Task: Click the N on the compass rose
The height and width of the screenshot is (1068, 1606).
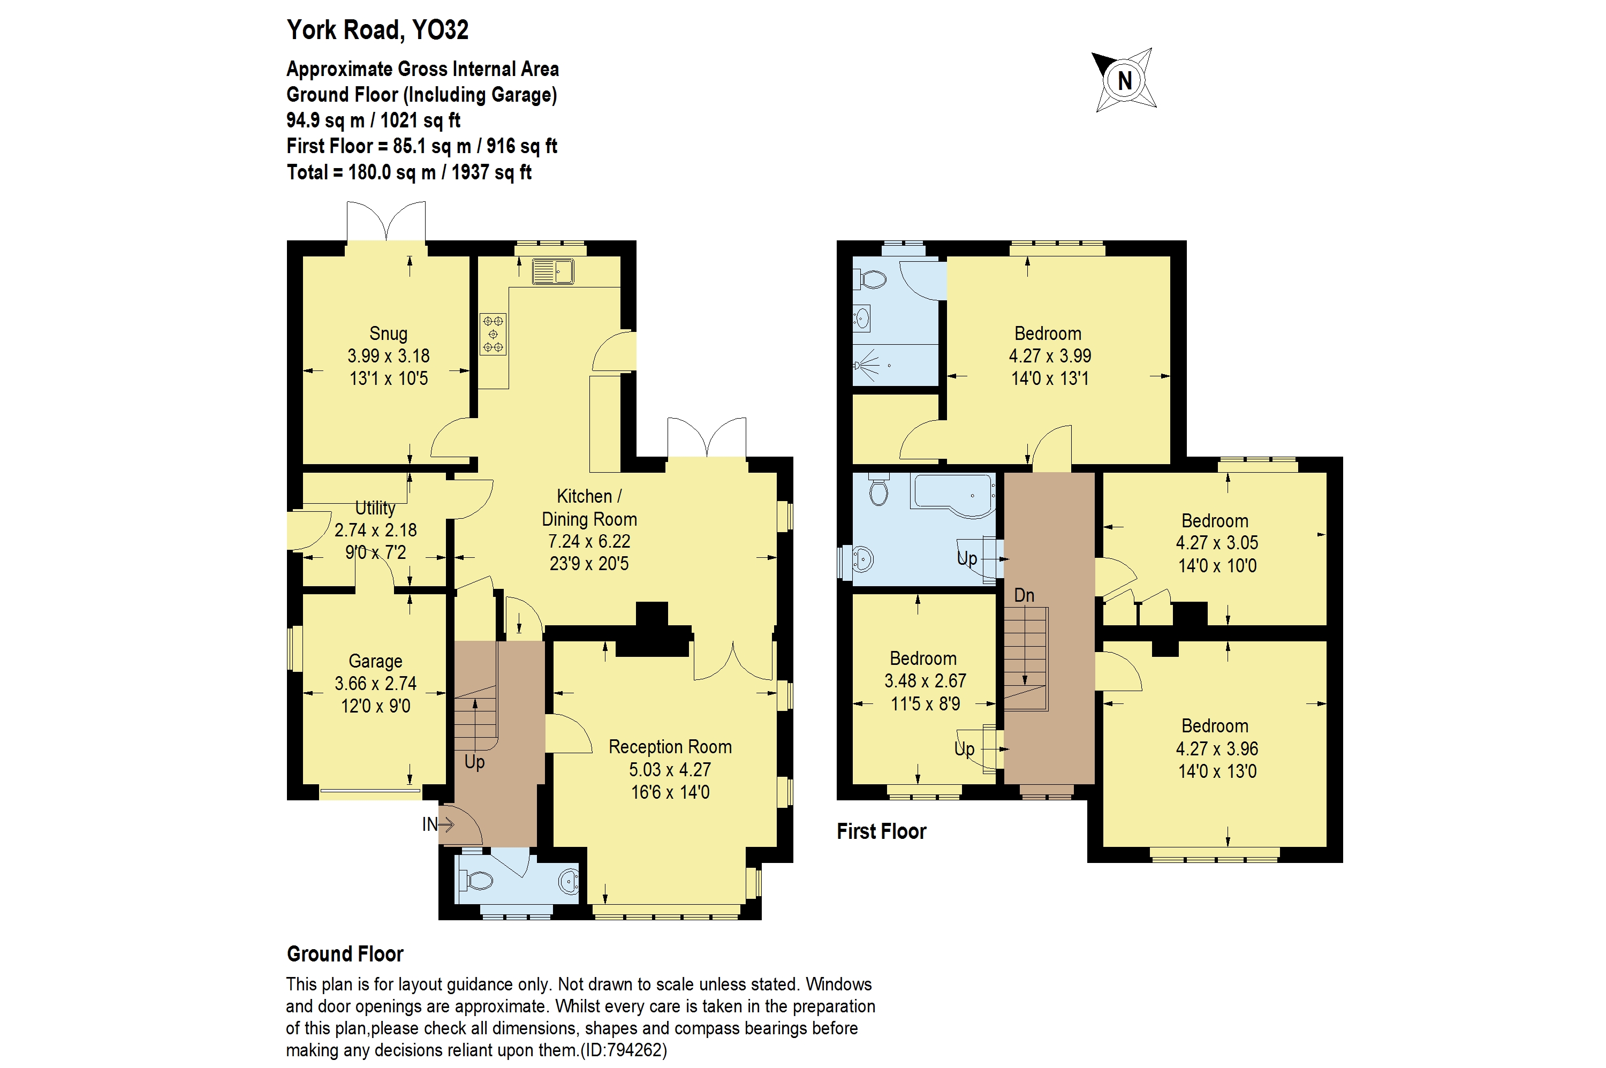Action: [1125, 80]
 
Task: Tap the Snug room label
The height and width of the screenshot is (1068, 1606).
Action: [388, 333]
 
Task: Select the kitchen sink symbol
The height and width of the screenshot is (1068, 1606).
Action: [552, 271]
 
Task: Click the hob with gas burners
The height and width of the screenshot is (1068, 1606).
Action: [493, 334]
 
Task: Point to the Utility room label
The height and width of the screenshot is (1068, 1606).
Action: [375, 508]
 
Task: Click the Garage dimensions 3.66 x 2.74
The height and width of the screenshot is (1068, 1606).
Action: [375, 683]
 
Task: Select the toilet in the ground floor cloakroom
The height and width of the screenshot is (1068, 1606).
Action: [478, 881]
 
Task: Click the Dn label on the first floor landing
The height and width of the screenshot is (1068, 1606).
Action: [1024, 595]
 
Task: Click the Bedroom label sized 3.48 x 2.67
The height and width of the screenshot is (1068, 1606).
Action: [923, 658]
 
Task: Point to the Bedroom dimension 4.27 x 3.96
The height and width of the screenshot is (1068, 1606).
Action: [1216, 748]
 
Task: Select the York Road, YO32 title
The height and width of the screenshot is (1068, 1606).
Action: [377, 30]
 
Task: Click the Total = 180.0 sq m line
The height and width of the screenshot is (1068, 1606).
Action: [408, 172]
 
